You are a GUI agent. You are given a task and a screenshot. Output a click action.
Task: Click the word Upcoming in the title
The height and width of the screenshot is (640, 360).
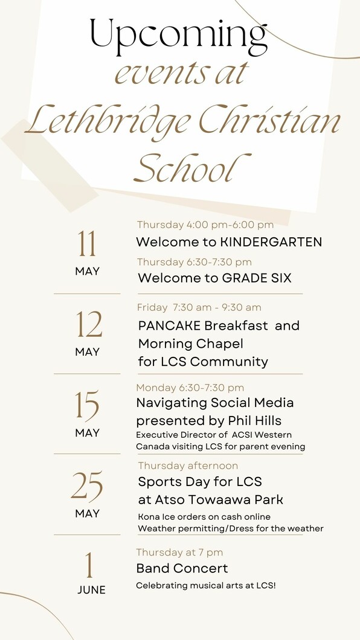click(178, 37)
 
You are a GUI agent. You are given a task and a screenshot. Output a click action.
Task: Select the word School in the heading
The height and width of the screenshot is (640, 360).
click(192, 167)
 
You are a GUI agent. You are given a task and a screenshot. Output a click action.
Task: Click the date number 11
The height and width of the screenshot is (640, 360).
click(87, 244)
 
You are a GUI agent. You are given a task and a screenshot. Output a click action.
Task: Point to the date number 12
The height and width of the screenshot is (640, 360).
click(88, 324)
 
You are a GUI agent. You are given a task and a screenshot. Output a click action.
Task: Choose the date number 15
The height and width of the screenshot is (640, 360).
click(87, 405)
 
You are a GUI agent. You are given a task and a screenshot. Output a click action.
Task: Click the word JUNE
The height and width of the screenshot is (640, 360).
click(91, 590)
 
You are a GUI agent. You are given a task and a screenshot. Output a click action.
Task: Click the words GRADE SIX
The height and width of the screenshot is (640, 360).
click(257, 278)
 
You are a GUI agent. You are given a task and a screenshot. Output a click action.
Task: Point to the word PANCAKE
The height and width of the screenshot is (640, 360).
click(169, 325)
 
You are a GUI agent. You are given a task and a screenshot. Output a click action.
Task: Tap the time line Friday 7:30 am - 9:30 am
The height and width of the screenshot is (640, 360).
click(199, 307)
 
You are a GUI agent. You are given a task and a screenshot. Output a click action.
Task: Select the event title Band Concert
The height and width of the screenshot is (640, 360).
click(182, 568)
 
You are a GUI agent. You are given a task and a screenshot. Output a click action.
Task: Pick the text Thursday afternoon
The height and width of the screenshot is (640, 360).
click(188, 466)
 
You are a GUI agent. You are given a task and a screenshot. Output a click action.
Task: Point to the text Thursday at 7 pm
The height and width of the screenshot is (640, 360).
click(179, 552)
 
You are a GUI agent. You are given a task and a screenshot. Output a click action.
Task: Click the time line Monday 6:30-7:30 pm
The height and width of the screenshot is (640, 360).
click(190, 388)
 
